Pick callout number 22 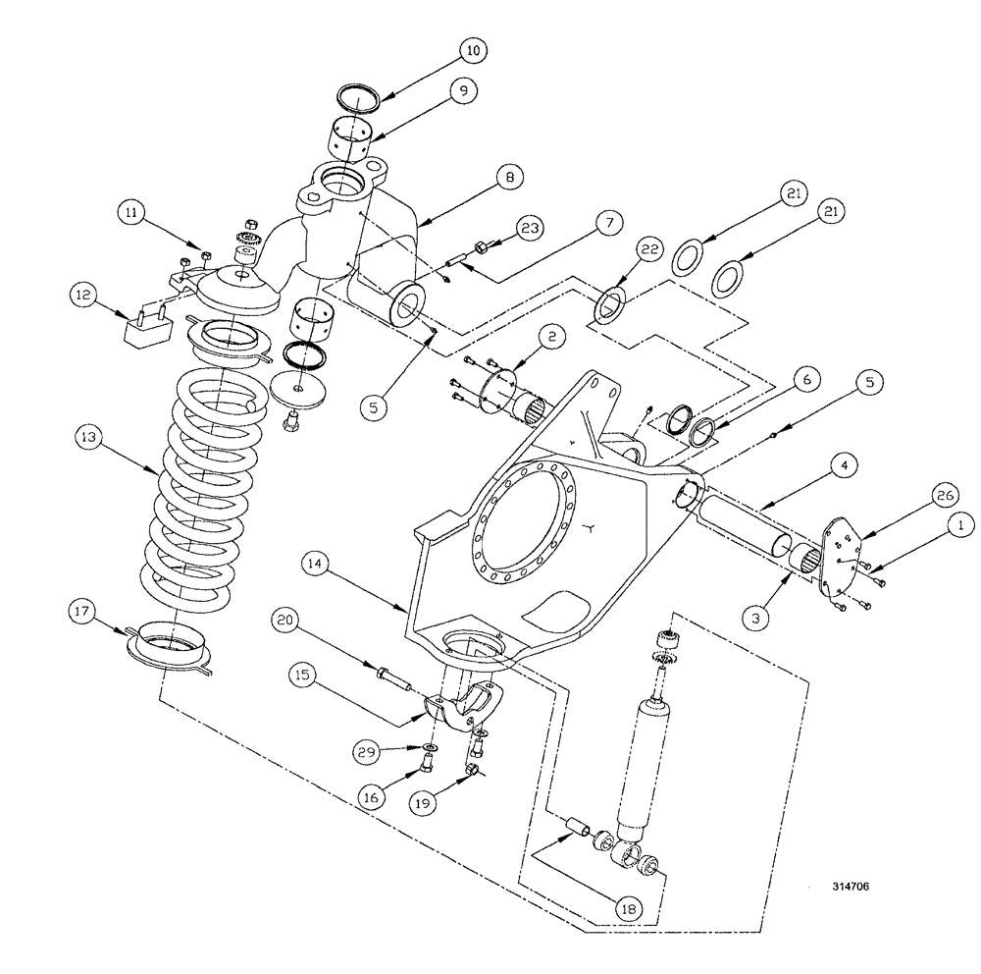652,251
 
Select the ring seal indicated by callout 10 359,96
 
